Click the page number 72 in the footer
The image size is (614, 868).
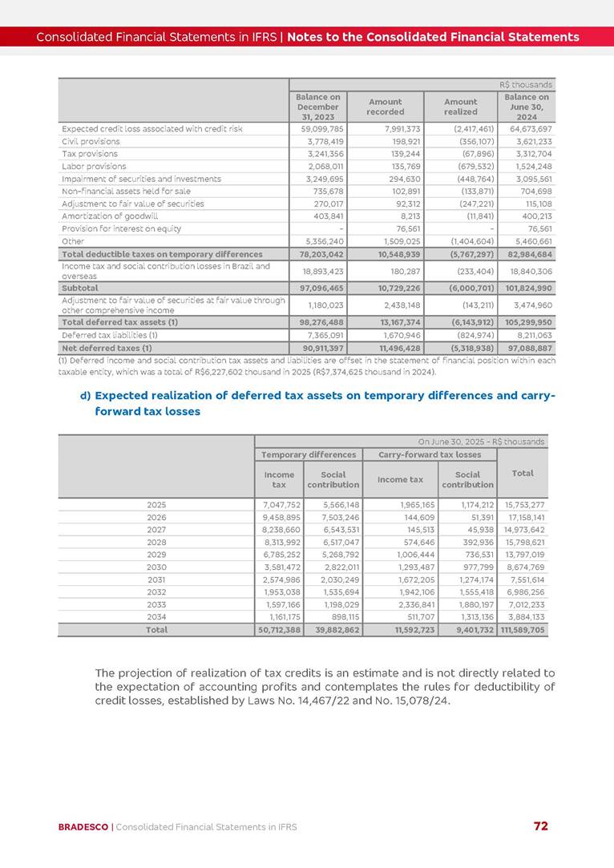point(541,826)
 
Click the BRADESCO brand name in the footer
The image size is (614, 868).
point(83,827)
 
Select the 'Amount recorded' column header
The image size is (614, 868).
point(385,107)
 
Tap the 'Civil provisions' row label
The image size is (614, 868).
point(91,141)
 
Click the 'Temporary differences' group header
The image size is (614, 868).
point(309,454)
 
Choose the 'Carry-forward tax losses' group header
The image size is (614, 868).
point(430,454)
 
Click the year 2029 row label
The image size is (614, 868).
point(157,555)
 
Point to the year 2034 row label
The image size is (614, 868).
point(157,617)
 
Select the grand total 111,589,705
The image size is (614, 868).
point(522,631)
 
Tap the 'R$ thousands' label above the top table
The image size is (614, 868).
point(525,84)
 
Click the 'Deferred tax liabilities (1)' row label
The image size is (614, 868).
point(109,336)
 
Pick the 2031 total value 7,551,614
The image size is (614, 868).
point(526,579)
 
